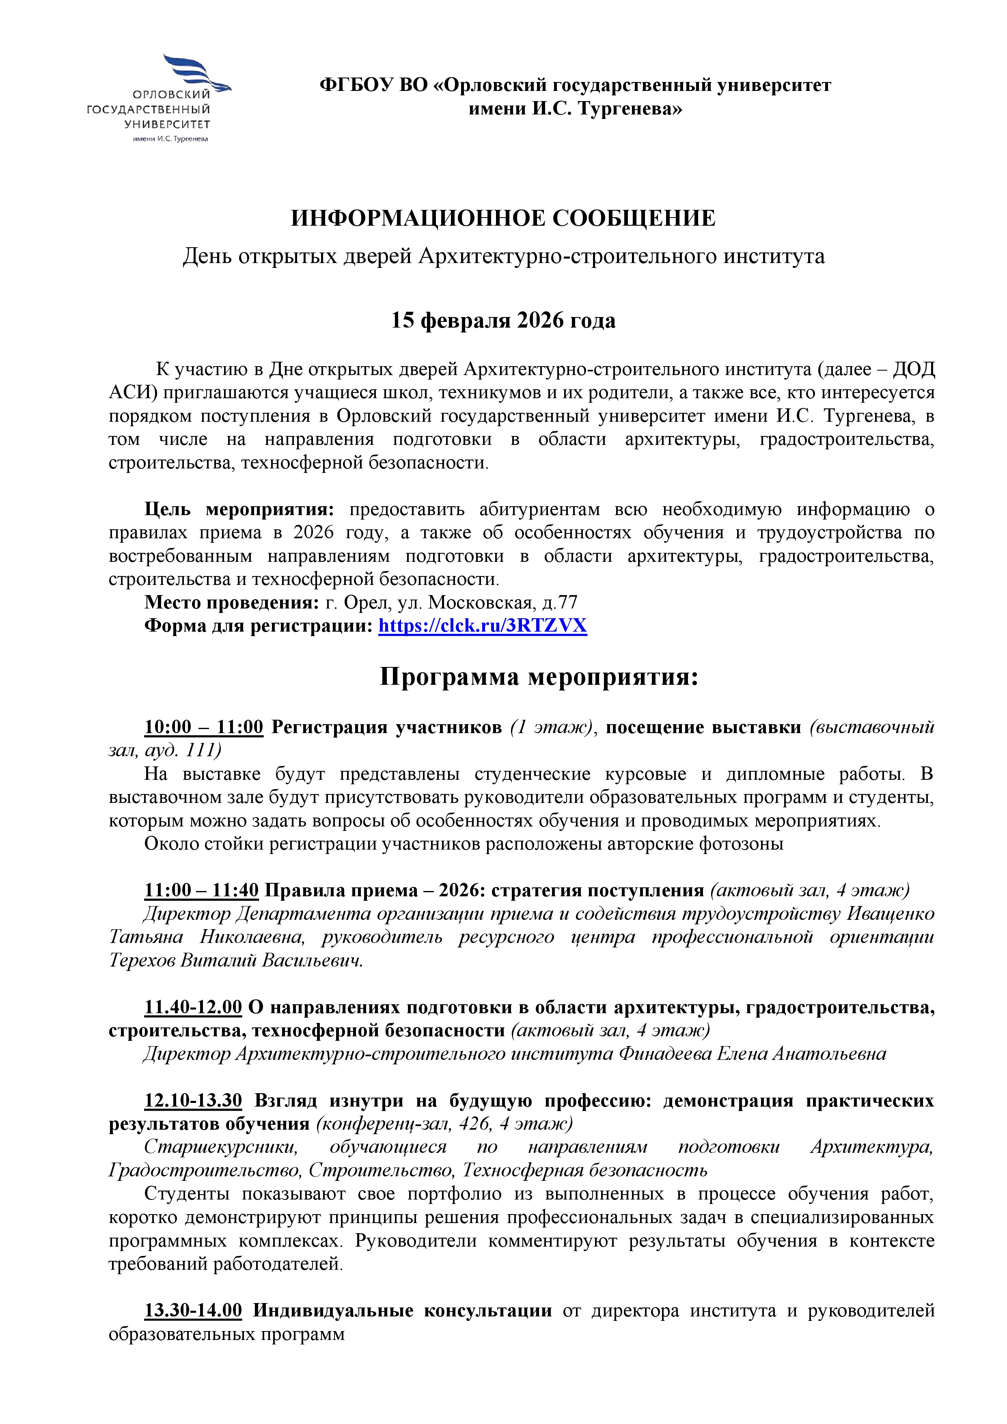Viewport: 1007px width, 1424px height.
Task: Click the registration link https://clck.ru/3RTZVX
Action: (x=483, y=626)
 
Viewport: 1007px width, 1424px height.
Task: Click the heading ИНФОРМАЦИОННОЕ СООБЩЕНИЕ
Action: (x=503, y=218)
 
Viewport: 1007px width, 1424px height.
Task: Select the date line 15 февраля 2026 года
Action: (x=503, y=321)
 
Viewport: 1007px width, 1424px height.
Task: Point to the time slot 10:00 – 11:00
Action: (x=204, y=727)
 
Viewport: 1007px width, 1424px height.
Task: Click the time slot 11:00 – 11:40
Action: (x=202, y=891)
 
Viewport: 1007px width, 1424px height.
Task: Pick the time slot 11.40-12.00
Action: (x=193, y=1007)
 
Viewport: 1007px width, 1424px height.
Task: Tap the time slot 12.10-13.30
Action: (x=193, y=1100)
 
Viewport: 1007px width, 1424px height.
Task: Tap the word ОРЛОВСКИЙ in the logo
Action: (x=172, y=95)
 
